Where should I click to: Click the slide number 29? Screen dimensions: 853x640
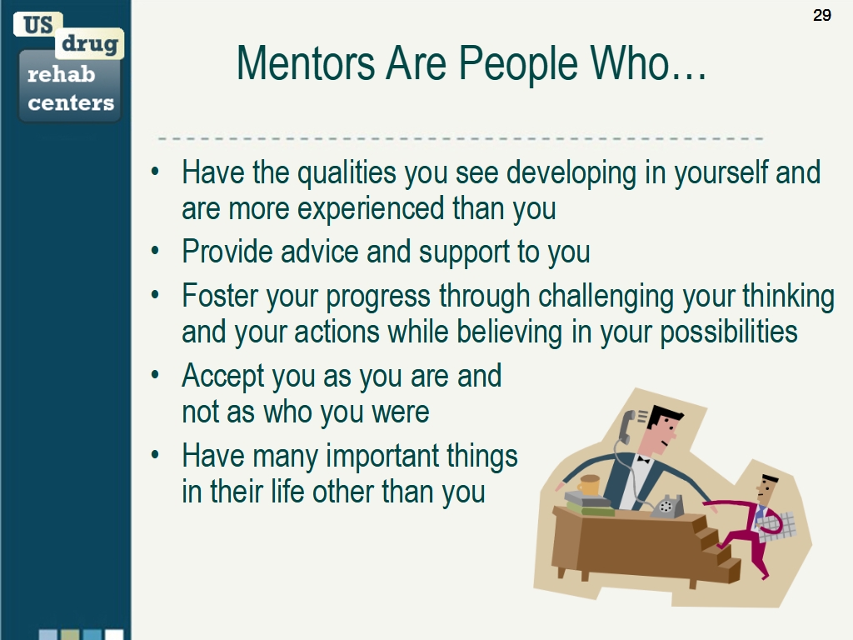(x=822, y=15)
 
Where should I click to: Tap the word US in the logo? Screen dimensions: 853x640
(x=38, y=25)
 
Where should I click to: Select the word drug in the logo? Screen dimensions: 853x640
(x=90, y=44)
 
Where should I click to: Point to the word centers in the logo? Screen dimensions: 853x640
(x=71, y=102)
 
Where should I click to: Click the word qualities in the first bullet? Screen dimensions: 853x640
(x=347, y=173)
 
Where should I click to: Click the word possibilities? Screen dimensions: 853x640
(x=728, y=332)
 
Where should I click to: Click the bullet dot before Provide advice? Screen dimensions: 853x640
(x=156, y=252)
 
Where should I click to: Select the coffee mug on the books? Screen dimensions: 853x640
(x=588, y=484)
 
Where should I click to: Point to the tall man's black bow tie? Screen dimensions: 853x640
(x=644, y=460)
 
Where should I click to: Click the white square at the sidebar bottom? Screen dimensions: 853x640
(x=114, y=635)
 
